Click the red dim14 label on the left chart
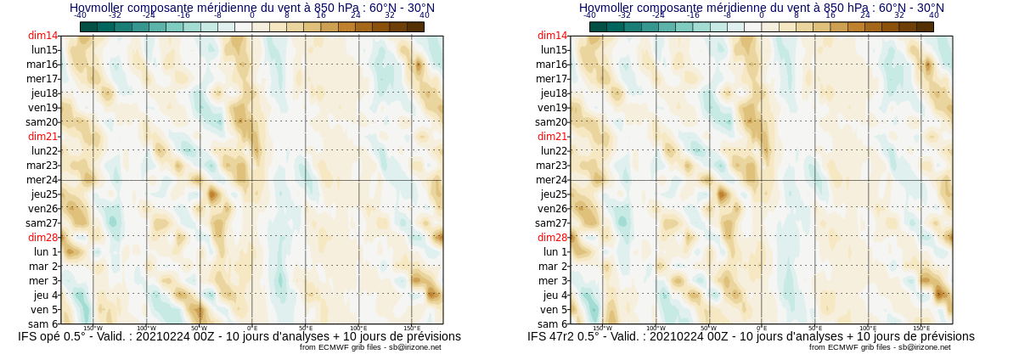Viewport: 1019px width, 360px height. point(42,36)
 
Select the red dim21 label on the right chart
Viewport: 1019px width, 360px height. point(552,137)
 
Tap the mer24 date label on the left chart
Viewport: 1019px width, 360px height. point(42,180)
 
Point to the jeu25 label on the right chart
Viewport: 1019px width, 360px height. point(553,194)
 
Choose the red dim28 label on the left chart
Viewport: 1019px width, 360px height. point(42,238)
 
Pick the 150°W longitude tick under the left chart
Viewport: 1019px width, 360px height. point(93,329)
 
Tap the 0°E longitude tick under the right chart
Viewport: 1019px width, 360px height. point(762,329)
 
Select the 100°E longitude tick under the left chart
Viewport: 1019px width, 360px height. point(358,329)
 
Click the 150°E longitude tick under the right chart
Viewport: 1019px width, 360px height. point(921,329)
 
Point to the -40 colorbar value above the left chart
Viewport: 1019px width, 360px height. point(80,15)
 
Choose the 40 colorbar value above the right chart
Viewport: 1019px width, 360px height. point(934,15)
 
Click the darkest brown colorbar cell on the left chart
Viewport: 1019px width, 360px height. point(415,27)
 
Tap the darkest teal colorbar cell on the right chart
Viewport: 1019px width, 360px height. point(598,27)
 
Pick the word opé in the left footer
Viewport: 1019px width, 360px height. point(54,336)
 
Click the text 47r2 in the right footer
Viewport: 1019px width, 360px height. point(566,336)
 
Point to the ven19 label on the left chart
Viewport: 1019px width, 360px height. point(42,108)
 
